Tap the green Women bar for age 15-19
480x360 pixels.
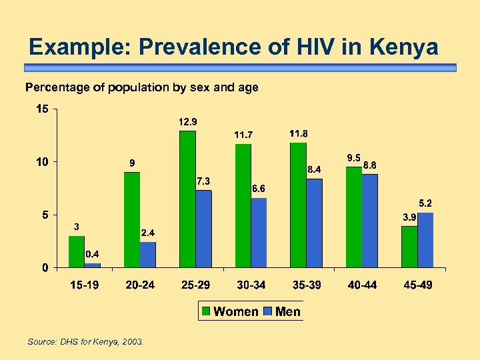click(x=77, y=251)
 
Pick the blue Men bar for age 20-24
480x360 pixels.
click(x=148, y=255)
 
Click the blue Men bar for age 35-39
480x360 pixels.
click(x=314, y=223)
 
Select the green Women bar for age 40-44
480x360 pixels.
click(x=353, y=217)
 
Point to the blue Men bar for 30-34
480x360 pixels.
click(x=259, y=232)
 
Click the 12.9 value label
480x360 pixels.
click(x=187, y=122)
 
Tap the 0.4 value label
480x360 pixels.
click(x=93, y=254)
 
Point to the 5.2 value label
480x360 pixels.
click(x=425, y=203)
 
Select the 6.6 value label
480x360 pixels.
click(x=259, y=189)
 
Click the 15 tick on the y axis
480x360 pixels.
click(x=41, y=109)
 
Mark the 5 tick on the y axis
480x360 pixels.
click(x=45, y=215)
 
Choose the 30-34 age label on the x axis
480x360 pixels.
click(x=251, y=285)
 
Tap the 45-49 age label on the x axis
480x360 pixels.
click(x=418, y=285)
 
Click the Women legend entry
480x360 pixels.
click(x=229, y=311)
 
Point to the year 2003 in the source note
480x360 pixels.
click(x=132, y=342)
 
